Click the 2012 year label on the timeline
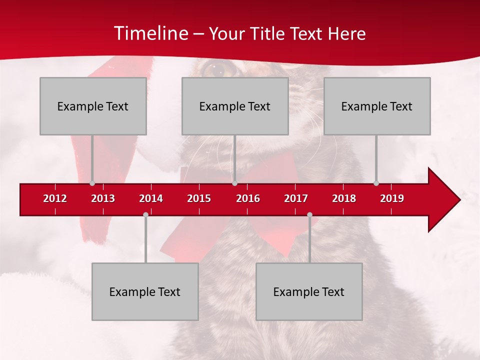(x=55, y=198)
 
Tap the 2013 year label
(x=103, y=198)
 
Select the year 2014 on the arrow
(x=151, y=198)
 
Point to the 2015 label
(x=199, y=198)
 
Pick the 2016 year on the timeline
(x=248, y=198)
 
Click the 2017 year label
(x=296, y=198)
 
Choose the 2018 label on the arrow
(x=344, y=198)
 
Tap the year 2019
(x=392, y=198)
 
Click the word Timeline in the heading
(x=150, y=33)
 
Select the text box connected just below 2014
(x=145, y=291)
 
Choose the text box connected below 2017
(x=309, y=291)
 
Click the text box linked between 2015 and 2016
(x=235, y=106)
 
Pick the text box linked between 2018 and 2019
(x=377, y=106)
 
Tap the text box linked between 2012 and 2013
(x=93, y=106)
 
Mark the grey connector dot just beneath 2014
(x=145, y=214)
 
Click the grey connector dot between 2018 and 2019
(x=376, y=183)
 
